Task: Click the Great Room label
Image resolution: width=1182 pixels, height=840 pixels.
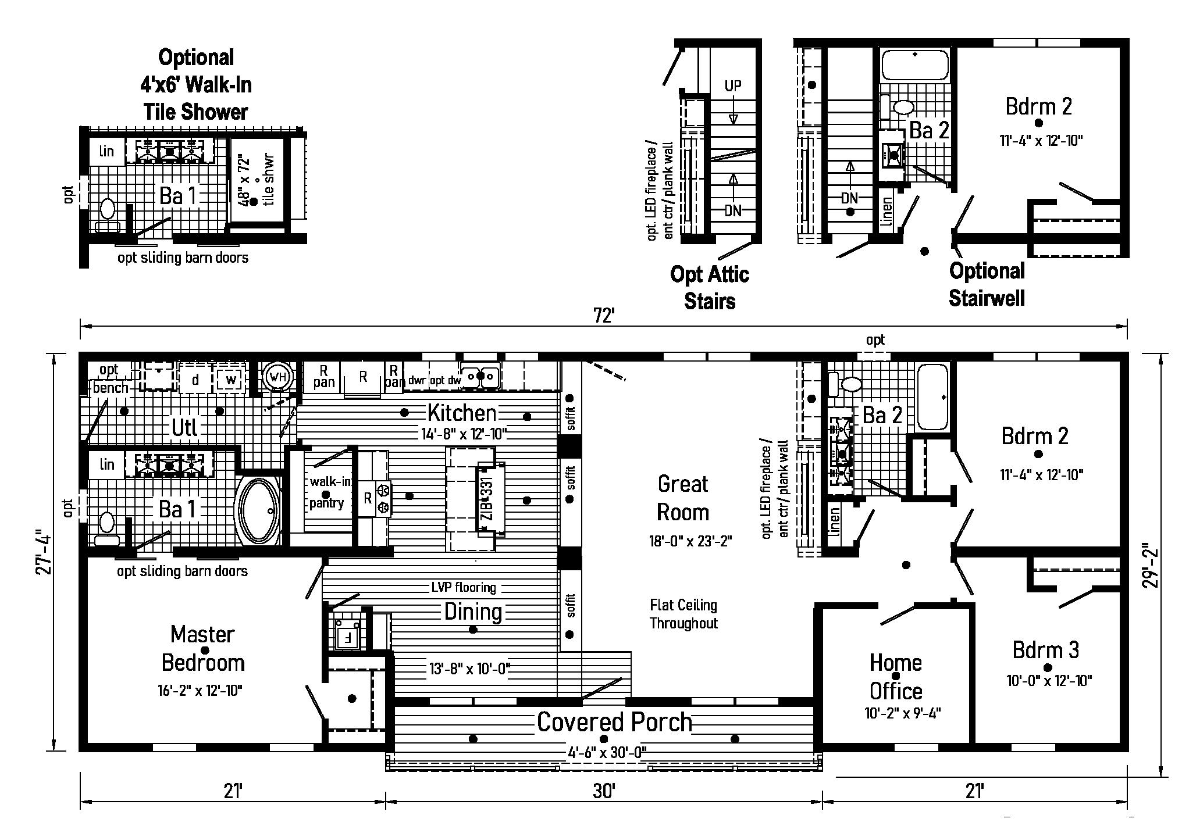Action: tap(683, 498)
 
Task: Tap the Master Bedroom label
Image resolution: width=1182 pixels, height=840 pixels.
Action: tap(202, 649)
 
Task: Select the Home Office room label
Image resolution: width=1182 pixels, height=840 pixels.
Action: tap(895, 677)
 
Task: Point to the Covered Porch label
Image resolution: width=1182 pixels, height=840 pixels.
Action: tap(614, 722)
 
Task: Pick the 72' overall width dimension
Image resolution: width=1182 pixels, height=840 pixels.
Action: tap(604, 316)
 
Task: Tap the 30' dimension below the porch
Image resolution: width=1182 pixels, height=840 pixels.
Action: tap(604, 791)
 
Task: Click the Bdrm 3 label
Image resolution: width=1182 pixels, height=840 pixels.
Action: tap(1045, 650)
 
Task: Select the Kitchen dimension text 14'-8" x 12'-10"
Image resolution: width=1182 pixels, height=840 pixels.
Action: tap(464, 434)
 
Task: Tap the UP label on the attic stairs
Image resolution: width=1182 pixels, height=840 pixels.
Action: tap(733, 86)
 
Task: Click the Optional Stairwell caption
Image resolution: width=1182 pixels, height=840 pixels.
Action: tap(987, 284)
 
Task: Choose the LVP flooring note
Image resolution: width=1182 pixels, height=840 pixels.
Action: tap(464, 588)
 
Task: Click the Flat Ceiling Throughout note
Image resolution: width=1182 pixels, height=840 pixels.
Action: tap(683, 614)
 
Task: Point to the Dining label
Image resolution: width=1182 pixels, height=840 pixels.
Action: tap(473, 612)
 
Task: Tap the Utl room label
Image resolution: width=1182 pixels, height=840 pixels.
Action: tap(184, 428)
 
